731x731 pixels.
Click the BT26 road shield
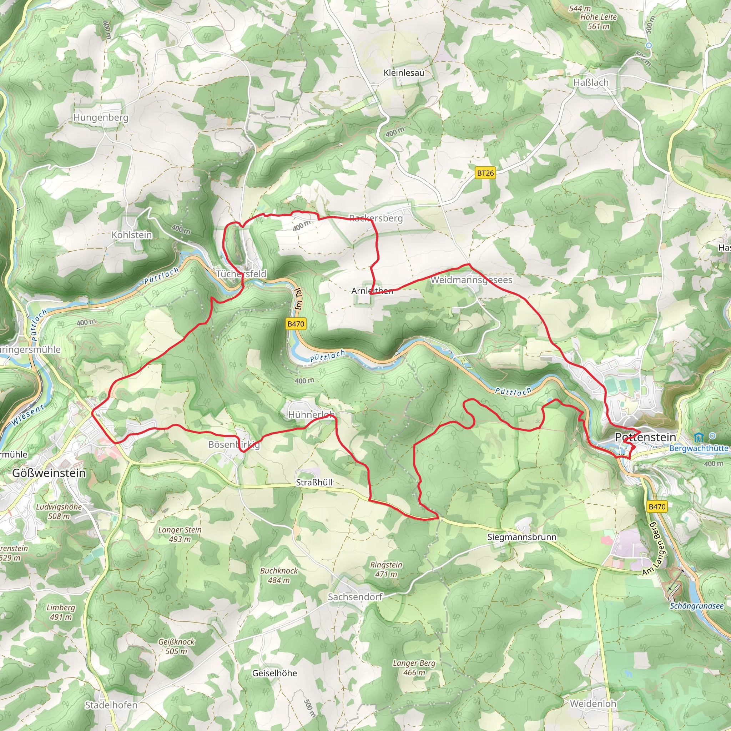[x=485, y=173]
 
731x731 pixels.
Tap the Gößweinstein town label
[x=49, y=473]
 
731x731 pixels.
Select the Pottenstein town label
[x=645, y=437]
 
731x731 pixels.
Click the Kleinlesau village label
[x=404, y=73]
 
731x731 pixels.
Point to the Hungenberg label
[x=101, y=117]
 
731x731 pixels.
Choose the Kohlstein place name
[x=132, y=235]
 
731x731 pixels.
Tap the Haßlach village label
[x=591, y=82]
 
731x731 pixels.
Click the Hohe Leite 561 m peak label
[x=598, y=21]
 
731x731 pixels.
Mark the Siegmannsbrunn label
[x=522, y=537]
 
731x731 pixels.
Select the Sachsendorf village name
[x=355, y=597]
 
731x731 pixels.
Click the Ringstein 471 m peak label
[x=386, y=569]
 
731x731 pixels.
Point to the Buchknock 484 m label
[x=279, y=575]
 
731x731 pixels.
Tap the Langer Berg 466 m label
[x=414, y=667]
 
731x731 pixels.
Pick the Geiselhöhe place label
[x=275, y=673]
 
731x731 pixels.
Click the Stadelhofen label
[x=111, y=705]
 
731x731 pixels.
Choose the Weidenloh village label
[x=593, y=704]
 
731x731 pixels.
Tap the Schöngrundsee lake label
[x=697, y=606]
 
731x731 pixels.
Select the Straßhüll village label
[x=314, y=483]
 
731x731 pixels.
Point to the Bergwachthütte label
[x=699, y=448]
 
